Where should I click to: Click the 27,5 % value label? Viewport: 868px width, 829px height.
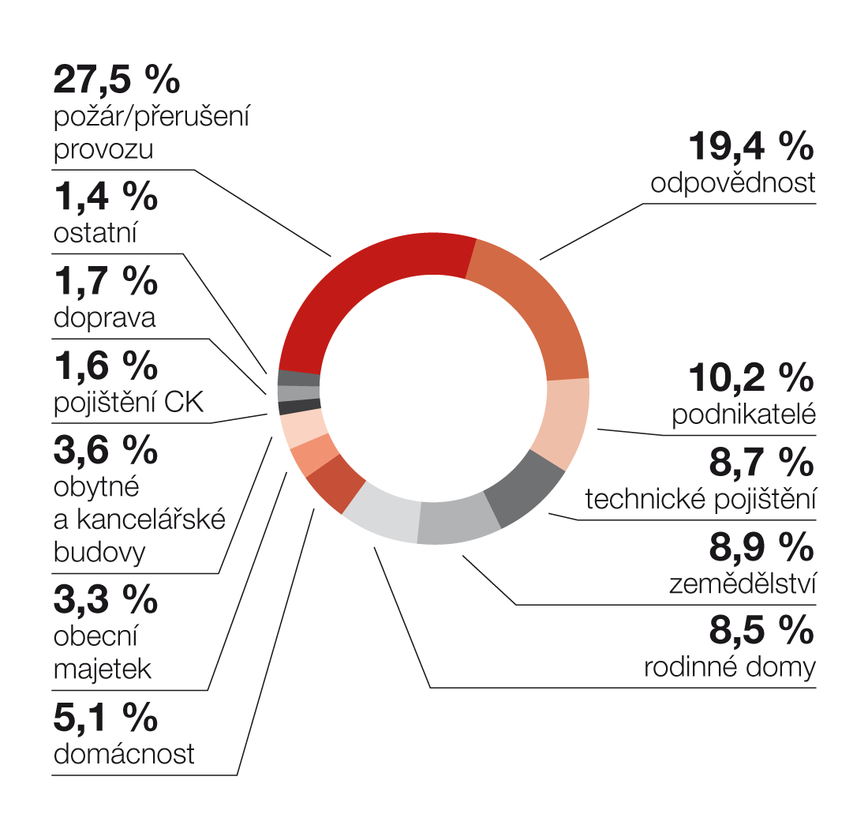(117, 79)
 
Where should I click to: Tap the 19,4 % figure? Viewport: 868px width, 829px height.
(750, 146)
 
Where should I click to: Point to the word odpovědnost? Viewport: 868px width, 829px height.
(733, 183)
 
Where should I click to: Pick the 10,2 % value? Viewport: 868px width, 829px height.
(750, 377)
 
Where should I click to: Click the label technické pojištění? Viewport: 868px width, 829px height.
(700, 499)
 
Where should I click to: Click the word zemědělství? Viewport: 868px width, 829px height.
(742, 584)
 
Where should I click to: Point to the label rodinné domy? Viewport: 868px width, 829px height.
(730, 667)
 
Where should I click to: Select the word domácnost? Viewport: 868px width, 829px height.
(124, 753)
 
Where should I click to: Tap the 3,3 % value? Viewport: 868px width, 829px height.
(106, 600)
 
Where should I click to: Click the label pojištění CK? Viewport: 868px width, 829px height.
(129, 402)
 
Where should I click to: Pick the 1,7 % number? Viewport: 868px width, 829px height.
(106, 281)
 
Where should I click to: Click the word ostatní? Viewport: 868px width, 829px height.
(95, 234)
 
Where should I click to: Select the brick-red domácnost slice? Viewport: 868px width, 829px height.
(335, 484)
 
